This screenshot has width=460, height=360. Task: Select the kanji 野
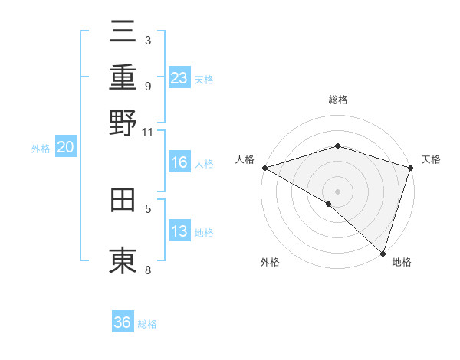[123, 122]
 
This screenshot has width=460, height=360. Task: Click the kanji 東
[123, 260]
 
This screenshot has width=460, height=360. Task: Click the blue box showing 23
[179, 77]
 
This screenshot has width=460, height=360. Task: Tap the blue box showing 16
[179, 162]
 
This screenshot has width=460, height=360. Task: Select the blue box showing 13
[179, 231]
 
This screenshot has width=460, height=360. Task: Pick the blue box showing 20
[66, 148]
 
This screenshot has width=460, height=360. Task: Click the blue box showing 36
[123, 322]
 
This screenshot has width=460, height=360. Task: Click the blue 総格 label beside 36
[147, 324]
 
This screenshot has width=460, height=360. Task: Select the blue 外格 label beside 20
[41, 149]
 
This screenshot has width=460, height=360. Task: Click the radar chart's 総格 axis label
[338, 100]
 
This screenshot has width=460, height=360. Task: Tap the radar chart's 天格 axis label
[431, 159]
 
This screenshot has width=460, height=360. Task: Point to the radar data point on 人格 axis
[264, 168]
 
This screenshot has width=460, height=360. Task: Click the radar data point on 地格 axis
[383, 254]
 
